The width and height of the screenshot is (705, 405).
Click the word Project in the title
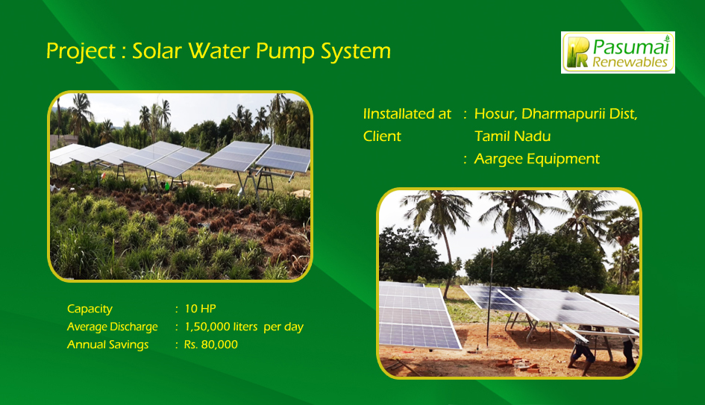click(81, 51)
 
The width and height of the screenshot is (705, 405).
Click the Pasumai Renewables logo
click(618, 52)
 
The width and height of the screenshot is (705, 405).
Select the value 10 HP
click(201, 309)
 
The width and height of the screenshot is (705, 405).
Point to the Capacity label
click(90, 310)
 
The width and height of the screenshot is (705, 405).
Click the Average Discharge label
click(113, 327)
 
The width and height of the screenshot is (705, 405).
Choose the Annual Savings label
click(108, 345)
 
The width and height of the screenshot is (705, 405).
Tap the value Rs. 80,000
click(211, 345)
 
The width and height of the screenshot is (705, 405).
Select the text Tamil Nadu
click(513, 136)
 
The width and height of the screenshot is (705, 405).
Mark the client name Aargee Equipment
click(537, 159)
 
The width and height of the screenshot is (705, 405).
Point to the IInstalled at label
click(407, 114)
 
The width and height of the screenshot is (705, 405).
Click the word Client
click(382, 136)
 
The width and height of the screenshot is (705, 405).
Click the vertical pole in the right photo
click(490, 299)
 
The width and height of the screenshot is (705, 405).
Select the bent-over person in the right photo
click(582, 352)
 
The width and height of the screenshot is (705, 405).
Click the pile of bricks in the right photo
click(517, 364)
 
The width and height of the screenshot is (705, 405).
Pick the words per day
click(283, 327)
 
